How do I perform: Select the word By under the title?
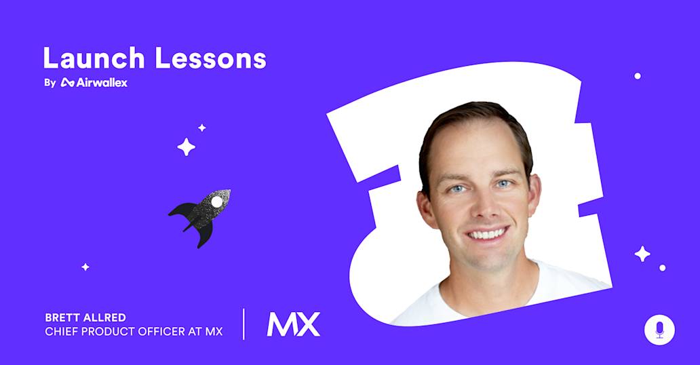pos(49,83)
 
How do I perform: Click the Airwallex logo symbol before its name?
pos(67,83)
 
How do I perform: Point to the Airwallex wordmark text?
pos(101,83)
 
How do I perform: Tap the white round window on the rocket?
pos(216,201)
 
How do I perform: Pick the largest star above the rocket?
pos(186,147)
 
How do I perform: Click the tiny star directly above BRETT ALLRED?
pos(85,267)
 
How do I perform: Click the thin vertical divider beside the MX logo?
pos(244,324)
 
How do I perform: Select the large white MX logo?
pos(293,324)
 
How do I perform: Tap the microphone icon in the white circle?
pos(659,329)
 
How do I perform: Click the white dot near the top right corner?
pos(638,76)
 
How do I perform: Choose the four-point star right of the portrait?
pos(642,254)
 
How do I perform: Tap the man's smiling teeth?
pos(486,233)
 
